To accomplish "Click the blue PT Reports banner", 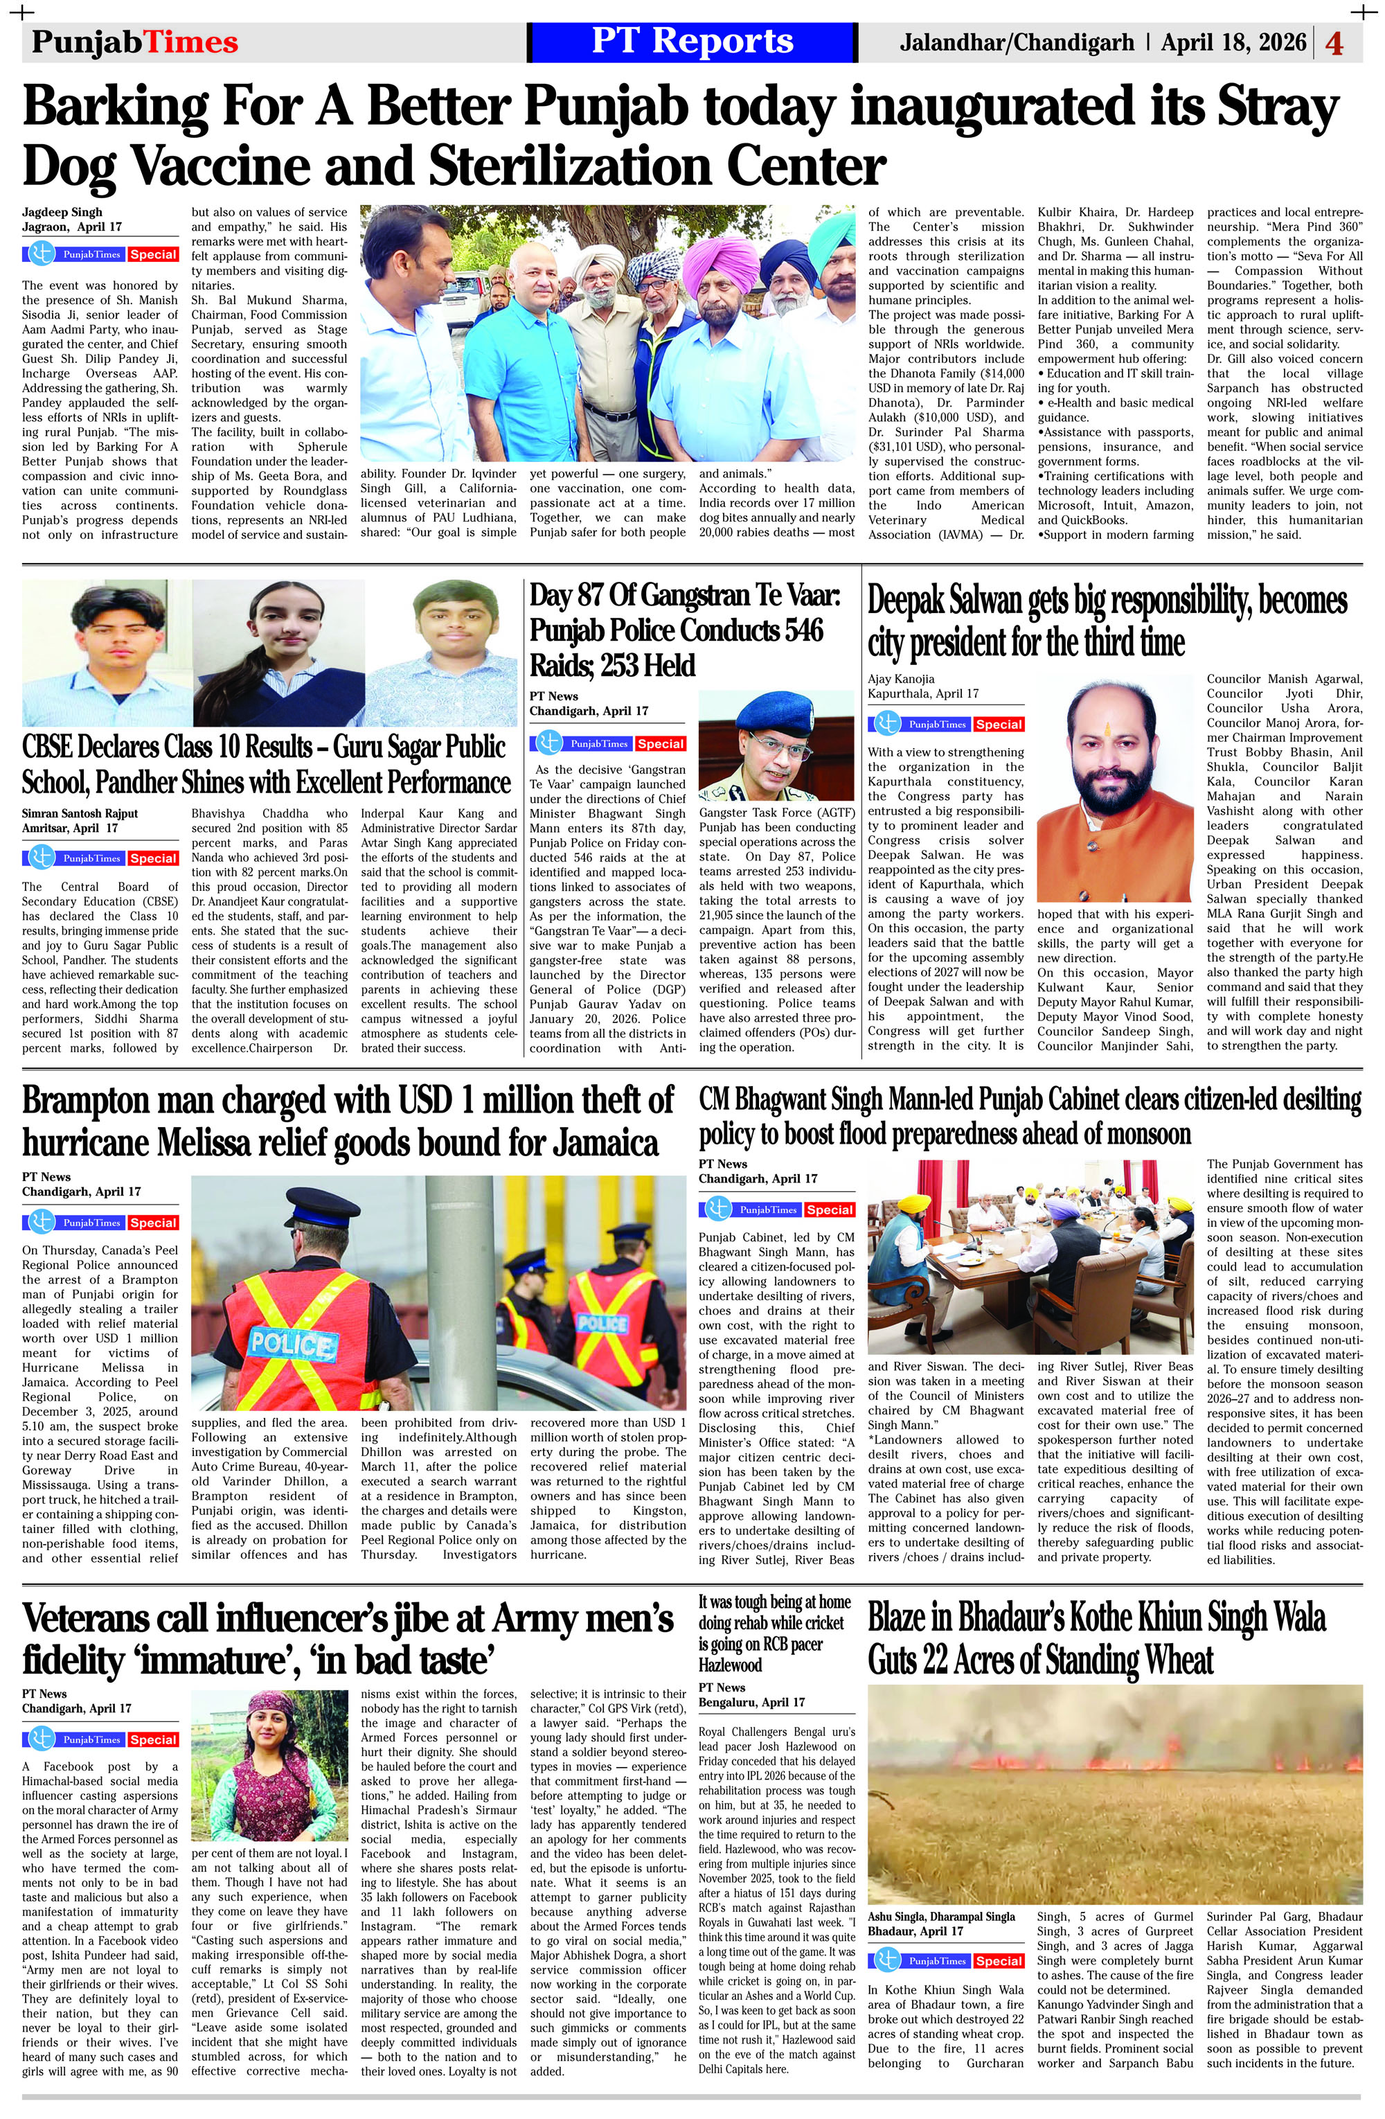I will click(692, 42).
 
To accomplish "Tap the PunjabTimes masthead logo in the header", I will click(134, 42).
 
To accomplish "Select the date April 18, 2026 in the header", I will click(1233, 42).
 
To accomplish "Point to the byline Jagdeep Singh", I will click(62, 212).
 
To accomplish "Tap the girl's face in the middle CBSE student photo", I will click(278, 623).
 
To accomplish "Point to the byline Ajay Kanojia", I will click(901, 678).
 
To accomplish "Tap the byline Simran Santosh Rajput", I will click(80, 813).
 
